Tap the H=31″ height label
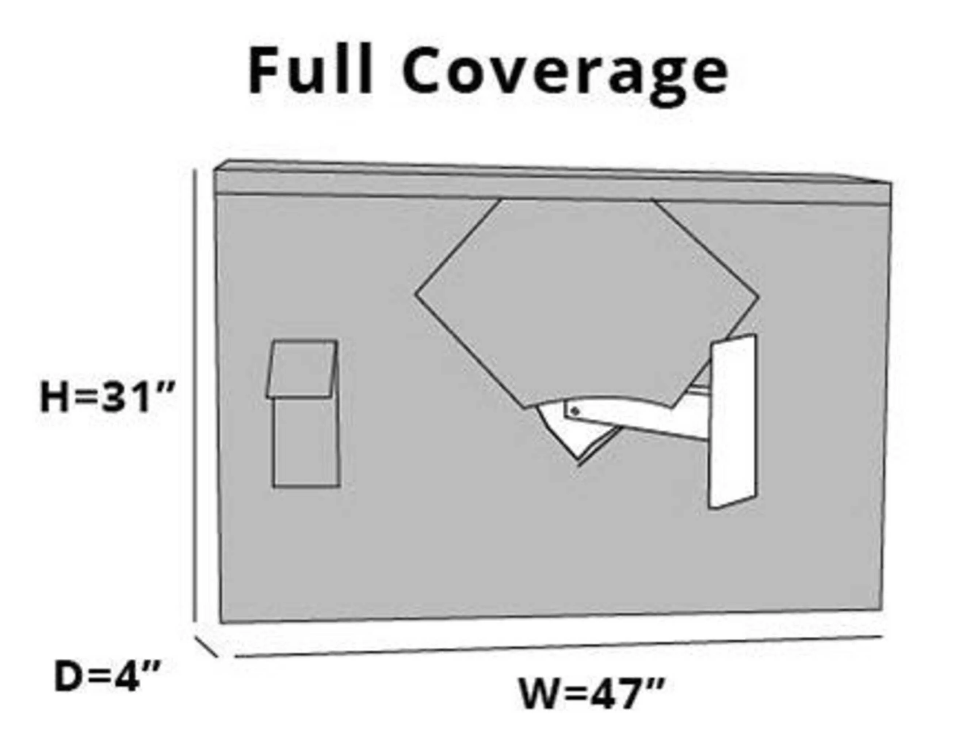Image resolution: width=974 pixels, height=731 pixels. pos(108,397)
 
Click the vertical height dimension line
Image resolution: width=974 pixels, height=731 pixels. pos(194,396)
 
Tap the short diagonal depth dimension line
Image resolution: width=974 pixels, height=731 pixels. pos(206,646)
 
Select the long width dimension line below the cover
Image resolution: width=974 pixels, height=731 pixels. pos(558,646)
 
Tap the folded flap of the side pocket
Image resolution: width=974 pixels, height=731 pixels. pos(302,369)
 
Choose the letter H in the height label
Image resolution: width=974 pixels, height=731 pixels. pos(54,397)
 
